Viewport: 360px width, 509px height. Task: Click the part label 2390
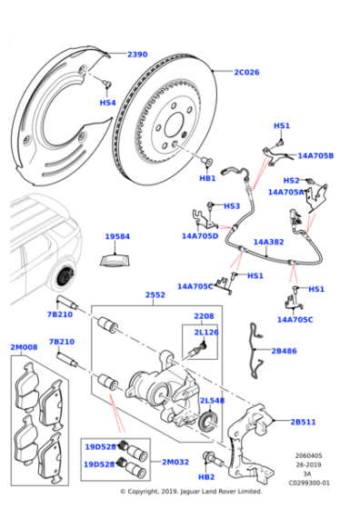[x=136, y=55]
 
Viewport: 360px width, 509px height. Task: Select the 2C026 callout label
[x=247, y=73]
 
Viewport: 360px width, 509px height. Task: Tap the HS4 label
[x=107, y=103]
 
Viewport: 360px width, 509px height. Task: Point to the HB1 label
[x=207, y=178]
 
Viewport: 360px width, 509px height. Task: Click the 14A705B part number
[x=315, y=155]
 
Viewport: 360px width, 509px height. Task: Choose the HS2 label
[x=291, y=180]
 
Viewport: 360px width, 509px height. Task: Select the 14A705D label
[x=199, y=236]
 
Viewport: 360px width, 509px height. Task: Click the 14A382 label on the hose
[x=268, y=242]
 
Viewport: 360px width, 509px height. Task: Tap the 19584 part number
[x=117, y=236]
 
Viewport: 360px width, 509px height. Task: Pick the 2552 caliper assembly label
[x=155, y=295]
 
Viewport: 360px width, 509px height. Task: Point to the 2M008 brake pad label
[x=24, y=347]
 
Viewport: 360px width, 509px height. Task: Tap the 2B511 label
[x=304, y=422]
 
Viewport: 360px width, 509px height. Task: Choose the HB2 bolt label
[x=206, y=476]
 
